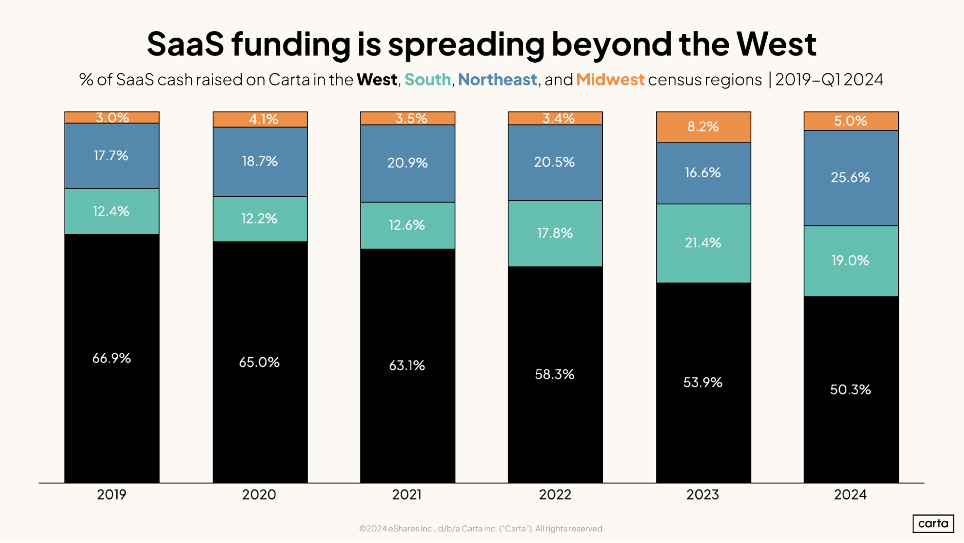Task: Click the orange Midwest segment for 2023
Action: (703, 127)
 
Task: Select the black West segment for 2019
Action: (112, 358)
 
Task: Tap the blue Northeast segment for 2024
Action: (851, 178)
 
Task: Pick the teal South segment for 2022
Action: (555, 233)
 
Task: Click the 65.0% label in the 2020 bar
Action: (259, 362)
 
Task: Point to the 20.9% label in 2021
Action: (407, 163)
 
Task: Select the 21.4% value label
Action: (703, 242)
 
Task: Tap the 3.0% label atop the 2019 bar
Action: (112, 117)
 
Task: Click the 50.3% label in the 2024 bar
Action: (851, 390)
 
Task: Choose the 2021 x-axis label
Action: (407, 494)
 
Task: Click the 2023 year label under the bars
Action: (703, 494)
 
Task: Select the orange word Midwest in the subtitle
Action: (610, 80)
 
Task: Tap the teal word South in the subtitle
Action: (427, 80)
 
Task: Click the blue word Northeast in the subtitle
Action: (497, 80)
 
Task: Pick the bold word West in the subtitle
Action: (377, 80)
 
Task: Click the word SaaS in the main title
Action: (186, 44)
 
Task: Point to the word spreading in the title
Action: (466, 44)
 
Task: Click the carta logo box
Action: (933, 523)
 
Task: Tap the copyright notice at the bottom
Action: (481, 529)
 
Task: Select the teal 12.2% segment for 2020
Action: (260, 219)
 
